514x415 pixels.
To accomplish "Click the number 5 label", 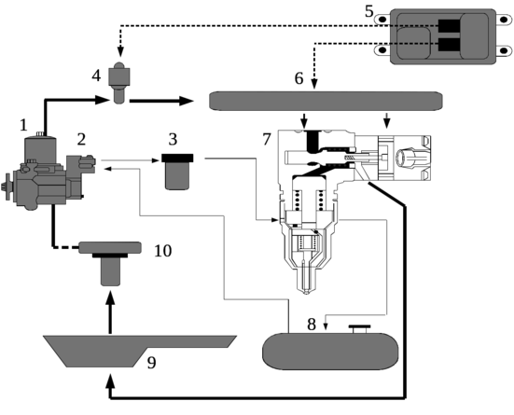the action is pyautogui.click(x=369, y=11).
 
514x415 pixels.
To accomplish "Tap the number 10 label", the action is pyautogui.click(x=163, y=251).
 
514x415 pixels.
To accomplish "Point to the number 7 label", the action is pyautogui.click(x=267, y=139).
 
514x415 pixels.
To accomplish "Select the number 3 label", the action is pyautogui.click(x=173, y=139).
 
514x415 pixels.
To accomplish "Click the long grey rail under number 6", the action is pyautogui.click(x=326, y=101).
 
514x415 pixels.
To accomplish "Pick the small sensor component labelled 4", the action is pyautogui.click(x=119, y=82).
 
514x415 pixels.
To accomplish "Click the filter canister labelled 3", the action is pyautogui.click(x=177, y=172).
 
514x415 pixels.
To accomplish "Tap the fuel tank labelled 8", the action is pyautogui.click(x=330, y=351).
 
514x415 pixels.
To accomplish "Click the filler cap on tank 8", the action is pyautogui.click(x=359, y=329).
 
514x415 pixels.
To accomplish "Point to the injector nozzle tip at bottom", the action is pyautogui.click(x=307, y=291).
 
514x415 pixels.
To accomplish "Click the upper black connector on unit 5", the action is pyautogui.click(x=449, y=26).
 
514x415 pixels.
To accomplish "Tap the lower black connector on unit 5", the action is pyautogui.click(x=449, y=45).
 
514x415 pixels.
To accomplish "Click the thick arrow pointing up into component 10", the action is pyautogui.click(x=110, y=312).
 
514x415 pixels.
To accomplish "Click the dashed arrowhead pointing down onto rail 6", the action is pyautogui.click(x=314, y=84).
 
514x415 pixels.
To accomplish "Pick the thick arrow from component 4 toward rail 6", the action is pyautogui.click(x=161, y=101).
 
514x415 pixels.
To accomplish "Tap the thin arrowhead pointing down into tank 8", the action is pyautogui.click(x=326, y=326).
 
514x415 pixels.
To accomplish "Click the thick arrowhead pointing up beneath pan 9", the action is pyautogui.click(x=110, y=380).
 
